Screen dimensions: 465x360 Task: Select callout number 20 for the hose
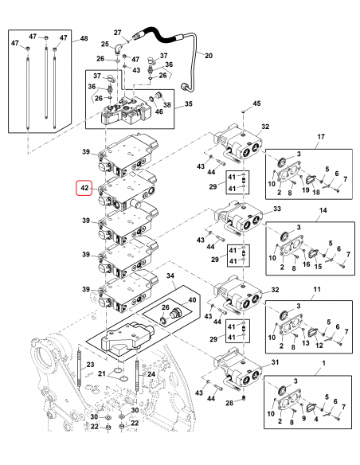click(x=209, y=56)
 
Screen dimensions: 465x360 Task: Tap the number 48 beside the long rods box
click(x=85, y=39)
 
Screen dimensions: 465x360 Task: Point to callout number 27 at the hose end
click(x=117, y=32)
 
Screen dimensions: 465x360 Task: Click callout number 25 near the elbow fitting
click(x=104, y=44)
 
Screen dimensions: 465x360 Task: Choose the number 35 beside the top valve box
click(x=189, y=104)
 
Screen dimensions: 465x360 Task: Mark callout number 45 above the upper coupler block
click(x=256, y=104)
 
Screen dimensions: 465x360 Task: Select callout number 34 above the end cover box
click(x=169, y=275)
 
